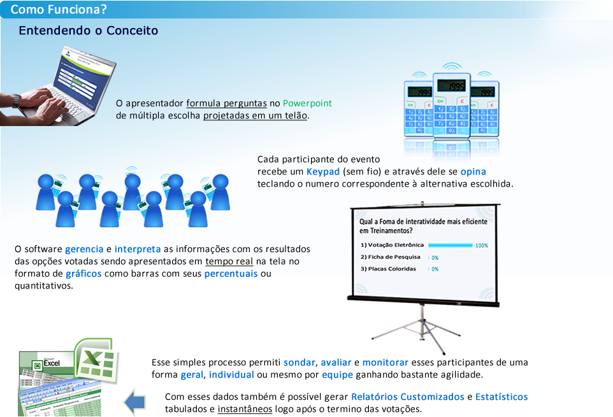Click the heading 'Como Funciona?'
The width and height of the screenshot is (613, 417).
point(59,10)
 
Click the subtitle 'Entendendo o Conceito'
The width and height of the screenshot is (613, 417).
point(89,31)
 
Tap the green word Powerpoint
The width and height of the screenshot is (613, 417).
point(307,103)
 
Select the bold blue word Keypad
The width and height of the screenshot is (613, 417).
point(323,172)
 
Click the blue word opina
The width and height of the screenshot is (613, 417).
point(473,172)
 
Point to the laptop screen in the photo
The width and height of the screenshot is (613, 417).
point(80,74)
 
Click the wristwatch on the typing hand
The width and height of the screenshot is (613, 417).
point(17,100)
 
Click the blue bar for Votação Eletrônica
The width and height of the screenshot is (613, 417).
point(450,245)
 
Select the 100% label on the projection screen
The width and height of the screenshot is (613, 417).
point(482,245)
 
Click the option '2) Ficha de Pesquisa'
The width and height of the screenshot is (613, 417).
point(390,257)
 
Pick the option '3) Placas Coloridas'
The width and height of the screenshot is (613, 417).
point(388,269)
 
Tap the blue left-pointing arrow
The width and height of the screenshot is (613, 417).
point(135,403)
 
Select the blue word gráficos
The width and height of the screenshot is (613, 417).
point(83,274)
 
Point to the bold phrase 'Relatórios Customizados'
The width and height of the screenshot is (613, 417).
point(408,397)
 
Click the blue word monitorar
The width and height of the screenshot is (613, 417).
point(386,362)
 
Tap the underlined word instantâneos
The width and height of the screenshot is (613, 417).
point(245,409)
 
